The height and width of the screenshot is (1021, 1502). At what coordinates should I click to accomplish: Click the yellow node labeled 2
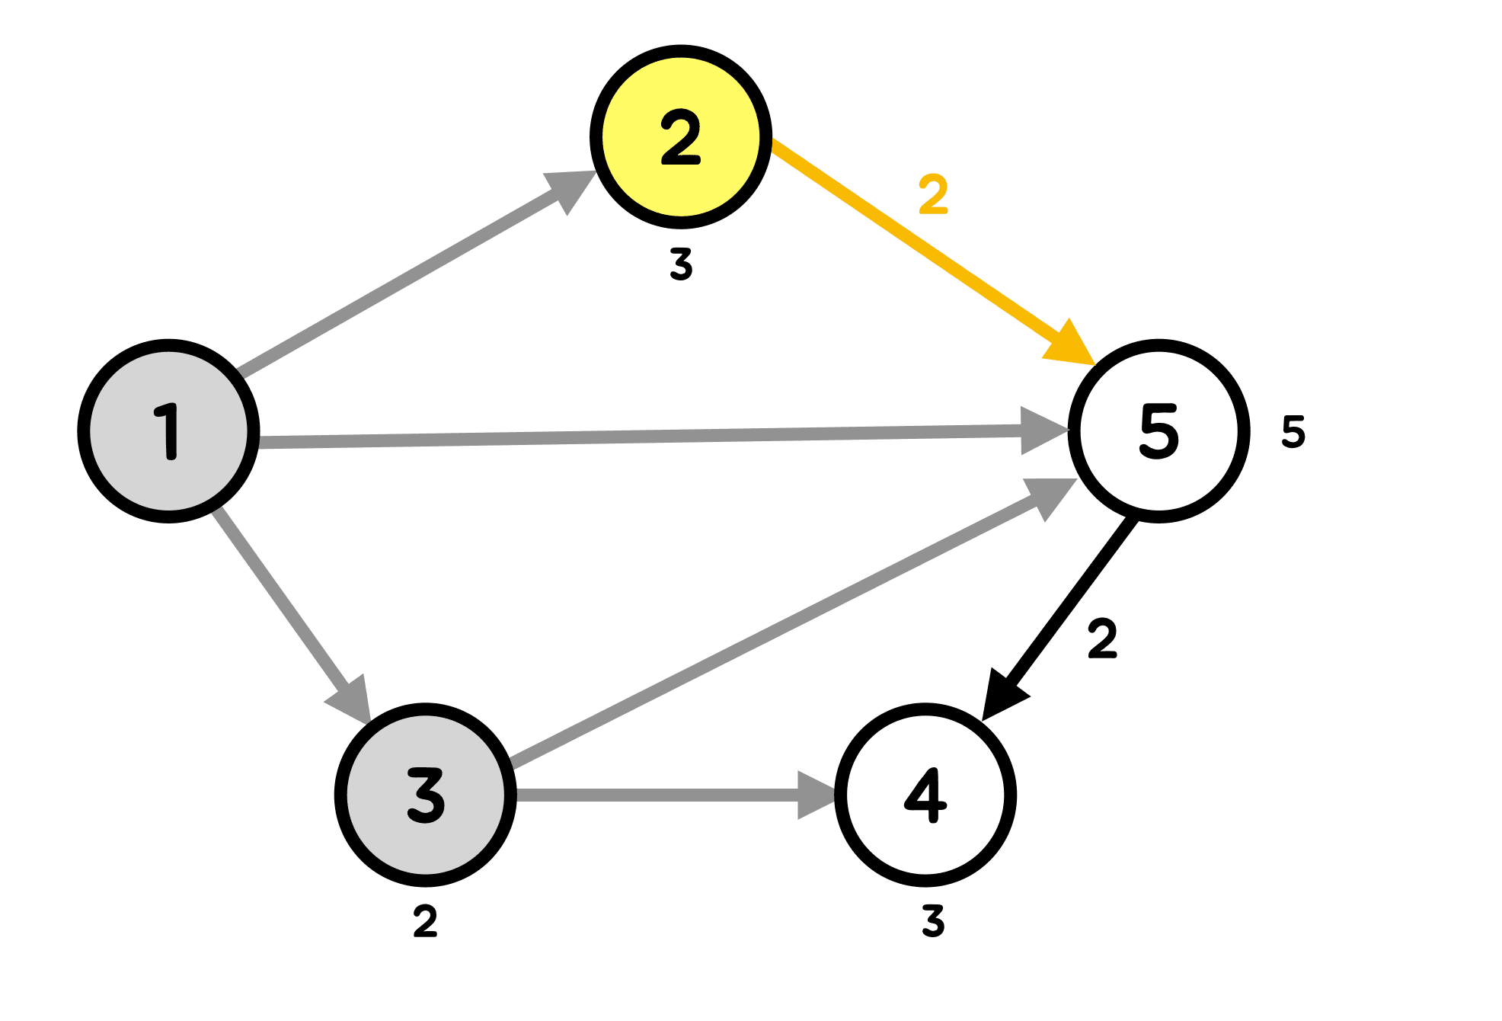pyautogui.click(x=681, y=136)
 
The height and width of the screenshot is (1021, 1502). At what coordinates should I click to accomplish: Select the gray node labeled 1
pyautogui.click(x=168, y=431)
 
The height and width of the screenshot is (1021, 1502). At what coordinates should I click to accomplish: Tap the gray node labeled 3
pyautogui.click(x=425, y=795)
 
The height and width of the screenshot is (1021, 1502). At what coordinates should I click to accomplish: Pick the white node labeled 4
pyautogui.click(x=925, y=795)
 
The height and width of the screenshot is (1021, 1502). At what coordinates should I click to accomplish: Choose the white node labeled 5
pyautogui.click(x=1158, y=431)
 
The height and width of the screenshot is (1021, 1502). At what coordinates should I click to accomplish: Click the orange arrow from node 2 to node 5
pyautogui.click(x=914, y=237)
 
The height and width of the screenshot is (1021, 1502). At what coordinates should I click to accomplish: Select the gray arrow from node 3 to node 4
pyautogui.click(x=655, y=795)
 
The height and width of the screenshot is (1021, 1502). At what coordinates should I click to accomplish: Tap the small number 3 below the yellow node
pyautogui.click(x=681, y=264)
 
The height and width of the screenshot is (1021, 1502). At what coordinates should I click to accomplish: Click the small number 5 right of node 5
pyautogui.click(x=1293, y=431)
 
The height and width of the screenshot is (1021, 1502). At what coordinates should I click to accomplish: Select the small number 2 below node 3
pyautogui.click(x=425, y=922)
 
